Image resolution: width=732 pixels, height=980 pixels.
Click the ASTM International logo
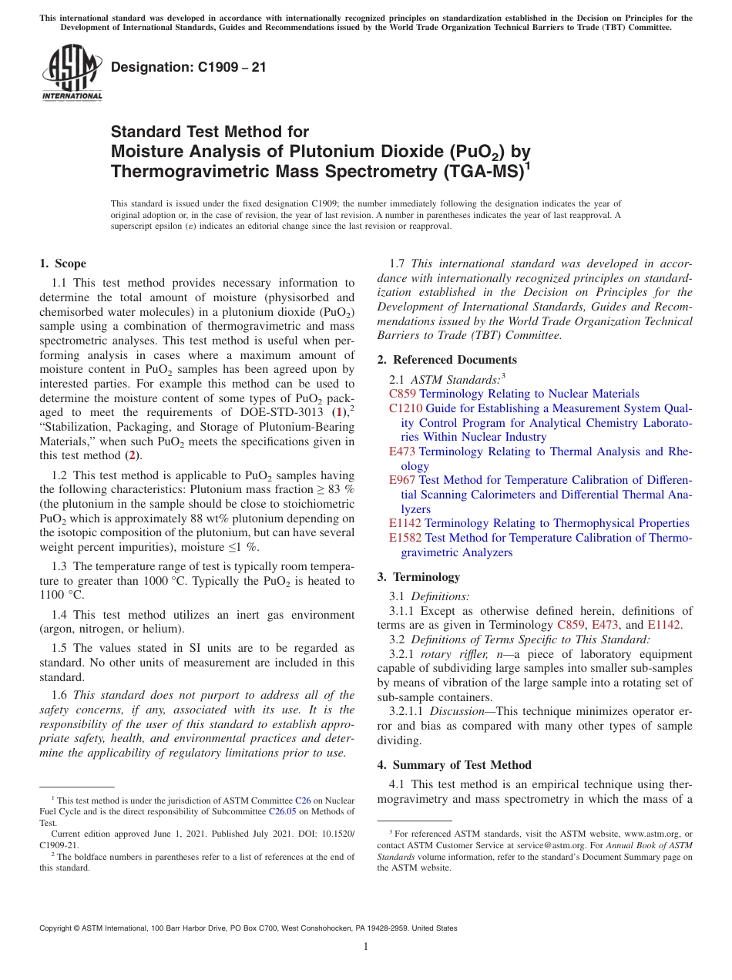coord(72,74)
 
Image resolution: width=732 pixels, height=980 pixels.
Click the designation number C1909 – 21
coord(189,67)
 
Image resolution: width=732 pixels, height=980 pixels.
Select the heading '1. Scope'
coord(62,263)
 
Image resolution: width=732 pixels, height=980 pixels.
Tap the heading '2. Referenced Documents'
coord(447,360)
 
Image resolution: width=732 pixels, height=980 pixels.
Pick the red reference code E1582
coord(405,538)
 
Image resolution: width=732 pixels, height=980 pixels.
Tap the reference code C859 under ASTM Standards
coord(402,394)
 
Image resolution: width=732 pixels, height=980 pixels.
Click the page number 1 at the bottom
coord(366,947)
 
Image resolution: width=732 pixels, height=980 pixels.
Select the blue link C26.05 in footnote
coord(281,811)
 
